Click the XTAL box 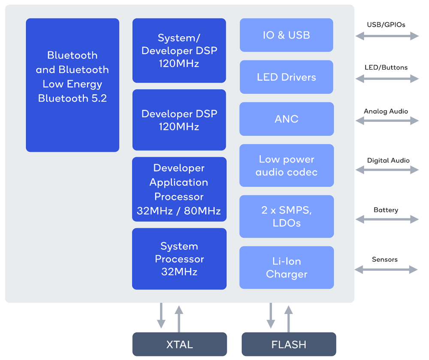[x=179, y=344]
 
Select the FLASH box [x=289, y=344]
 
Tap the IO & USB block [x=287, y=35]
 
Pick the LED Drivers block [x=287, y=77]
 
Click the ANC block [x=287, y=119]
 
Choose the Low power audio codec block [x=287, y=166]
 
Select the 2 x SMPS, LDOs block [x=287, y=216]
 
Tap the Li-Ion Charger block [x=287, y=268]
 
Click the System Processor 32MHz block [x=179, y=259]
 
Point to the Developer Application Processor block [x=179, y=189]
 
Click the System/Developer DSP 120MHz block [x=179, y=51]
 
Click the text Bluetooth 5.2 [x=72, y=98]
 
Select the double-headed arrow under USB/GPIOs [x=387, y=36]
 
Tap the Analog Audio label [x=386, y=111]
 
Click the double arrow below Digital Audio [x=387, y=170]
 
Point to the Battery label [x=386, y=210]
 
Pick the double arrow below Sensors [x=386, y=269]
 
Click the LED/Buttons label [x=386, y=67]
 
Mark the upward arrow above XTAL [x=179, y=319]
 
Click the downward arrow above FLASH [x=271, y=316]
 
